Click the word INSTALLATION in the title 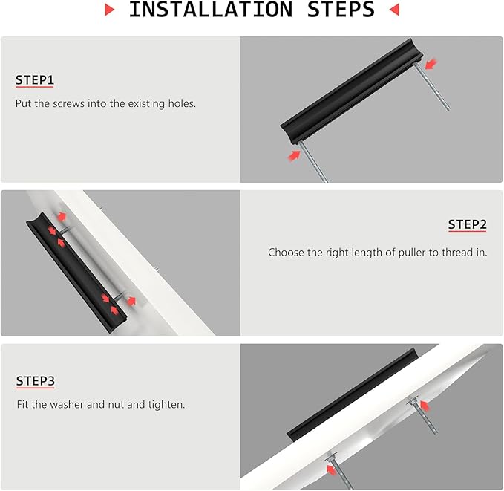[211, 9]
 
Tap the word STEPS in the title [341, 9]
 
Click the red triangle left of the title [110, 10]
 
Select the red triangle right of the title [394, 10]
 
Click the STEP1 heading [35, 80]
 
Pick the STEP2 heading [468, 224]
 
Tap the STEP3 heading [36, 381]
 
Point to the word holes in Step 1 [182, 103]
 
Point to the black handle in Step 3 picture [351, 394]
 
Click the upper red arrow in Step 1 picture [431, 64]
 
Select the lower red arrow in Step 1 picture [294, 156]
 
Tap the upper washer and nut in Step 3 [412, 401]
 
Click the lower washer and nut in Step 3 [331, 457]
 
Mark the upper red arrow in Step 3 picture [425, 406]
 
